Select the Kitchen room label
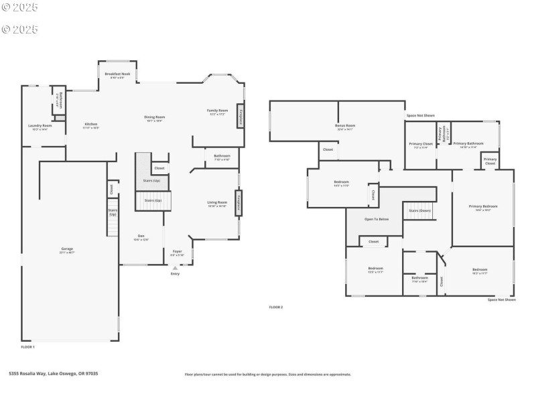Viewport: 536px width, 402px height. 91,125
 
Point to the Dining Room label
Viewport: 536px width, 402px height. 155,118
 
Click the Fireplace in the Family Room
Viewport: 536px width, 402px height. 240,116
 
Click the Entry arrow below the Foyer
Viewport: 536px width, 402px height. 175,268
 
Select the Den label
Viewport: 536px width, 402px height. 141,236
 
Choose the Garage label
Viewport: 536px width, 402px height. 67,249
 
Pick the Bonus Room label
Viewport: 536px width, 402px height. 345,126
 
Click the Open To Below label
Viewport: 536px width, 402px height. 377,219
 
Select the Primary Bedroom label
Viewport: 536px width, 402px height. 484,208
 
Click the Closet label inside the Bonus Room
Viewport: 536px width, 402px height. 328,149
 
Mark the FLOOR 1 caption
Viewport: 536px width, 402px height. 27,346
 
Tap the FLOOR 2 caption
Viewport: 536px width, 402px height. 276,307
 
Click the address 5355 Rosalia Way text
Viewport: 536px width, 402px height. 54,374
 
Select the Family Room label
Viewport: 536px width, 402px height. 217,111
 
